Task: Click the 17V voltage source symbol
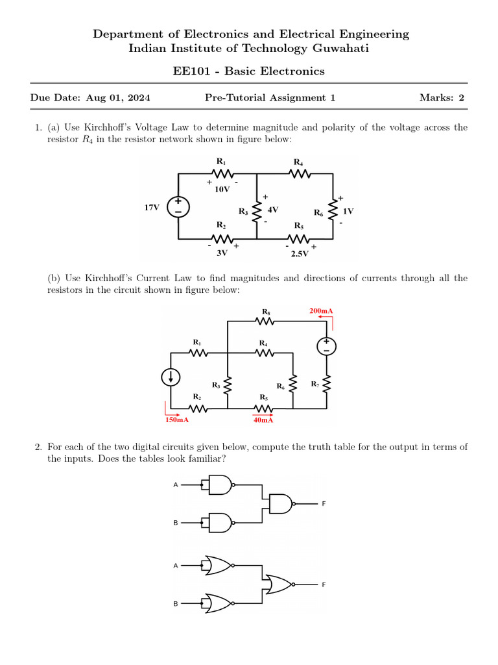178,207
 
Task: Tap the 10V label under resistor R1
222,190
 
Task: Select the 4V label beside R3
273,210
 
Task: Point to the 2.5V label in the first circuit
300,253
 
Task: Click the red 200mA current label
321,312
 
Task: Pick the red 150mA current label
177,420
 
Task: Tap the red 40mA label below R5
263,420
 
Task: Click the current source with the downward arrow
171,377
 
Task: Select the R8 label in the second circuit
265,311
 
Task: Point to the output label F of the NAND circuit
324,503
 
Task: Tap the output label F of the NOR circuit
324,585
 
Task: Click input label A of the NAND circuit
175,485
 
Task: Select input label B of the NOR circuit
175,604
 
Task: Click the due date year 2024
139,98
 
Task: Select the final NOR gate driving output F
278,585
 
